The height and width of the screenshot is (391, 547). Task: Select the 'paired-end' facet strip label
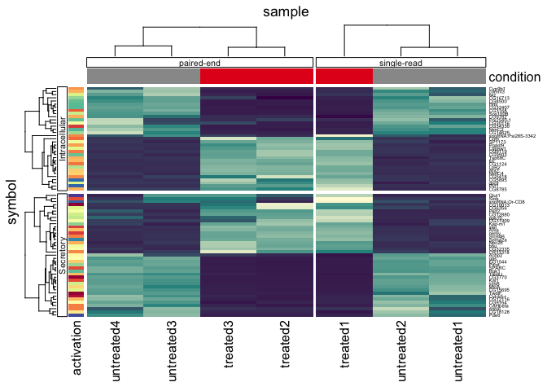click(x=200, y=62)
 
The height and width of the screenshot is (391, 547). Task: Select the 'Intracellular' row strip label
click(x=62, y=137)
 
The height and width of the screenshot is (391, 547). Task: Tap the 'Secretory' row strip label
click(x=62, y=254)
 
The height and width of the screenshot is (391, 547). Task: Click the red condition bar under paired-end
click(x=256, y=76)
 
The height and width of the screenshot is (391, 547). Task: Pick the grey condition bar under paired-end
click(x=143, y=76)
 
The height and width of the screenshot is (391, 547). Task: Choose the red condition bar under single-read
click(x=344, y=76)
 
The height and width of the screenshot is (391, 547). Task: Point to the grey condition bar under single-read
click(x=429, y=76)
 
